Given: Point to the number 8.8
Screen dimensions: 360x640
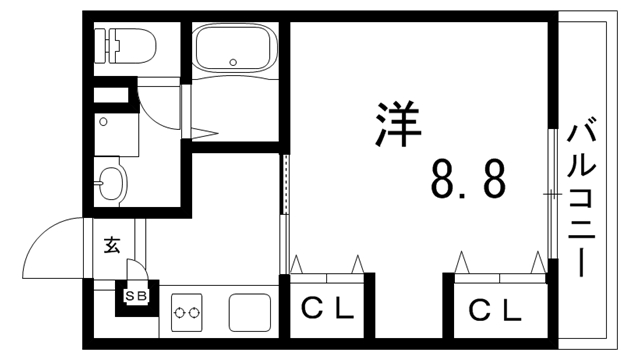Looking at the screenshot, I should tap(467, 179).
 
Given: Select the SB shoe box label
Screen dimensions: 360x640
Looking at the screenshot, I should tap(134, 296).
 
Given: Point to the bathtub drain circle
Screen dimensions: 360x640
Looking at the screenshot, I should tap(233, 61).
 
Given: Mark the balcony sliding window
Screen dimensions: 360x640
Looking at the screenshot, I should tap(551, 190).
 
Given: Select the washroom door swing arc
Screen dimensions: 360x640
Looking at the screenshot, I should tap(160, 105).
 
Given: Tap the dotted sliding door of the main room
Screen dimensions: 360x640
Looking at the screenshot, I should tap(285, 190).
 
